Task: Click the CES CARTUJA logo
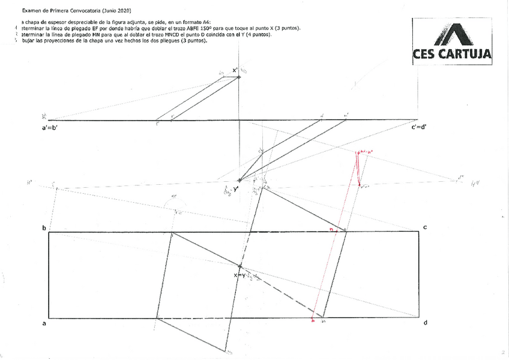(451, 41)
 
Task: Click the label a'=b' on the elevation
(46, 127)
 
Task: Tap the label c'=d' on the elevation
(419, 127)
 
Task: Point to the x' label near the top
(235, 70)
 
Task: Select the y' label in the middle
(235, 190)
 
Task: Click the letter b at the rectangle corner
(44, 229)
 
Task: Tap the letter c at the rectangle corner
(424, 227)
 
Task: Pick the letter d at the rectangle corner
(425, 323)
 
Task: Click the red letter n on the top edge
(331, 229)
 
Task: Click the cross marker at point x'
(239, 77)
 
